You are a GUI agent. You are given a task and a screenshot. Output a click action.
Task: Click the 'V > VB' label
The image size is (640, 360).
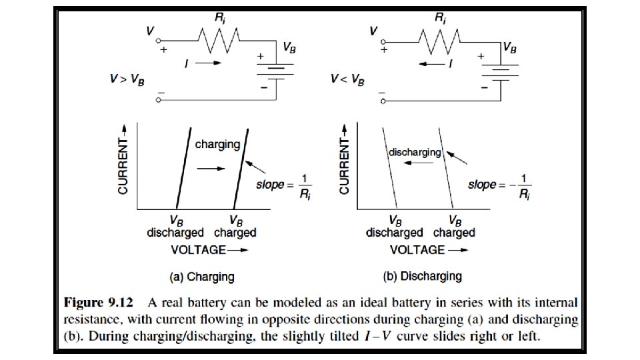[x=127, y=79]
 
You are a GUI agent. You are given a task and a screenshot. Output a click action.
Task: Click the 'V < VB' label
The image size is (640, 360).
[x=348, y=79]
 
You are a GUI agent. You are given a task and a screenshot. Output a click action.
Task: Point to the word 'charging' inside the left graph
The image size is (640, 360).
[x=217, y=143]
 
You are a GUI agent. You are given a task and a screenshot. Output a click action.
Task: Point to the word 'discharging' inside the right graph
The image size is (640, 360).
[x=415, y=152]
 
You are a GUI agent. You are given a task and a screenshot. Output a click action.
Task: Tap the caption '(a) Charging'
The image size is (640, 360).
[x=201, y=275]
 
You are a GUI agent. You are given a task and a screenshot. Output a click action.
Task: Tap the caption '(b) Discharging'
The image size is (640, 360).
[x=422, y=275]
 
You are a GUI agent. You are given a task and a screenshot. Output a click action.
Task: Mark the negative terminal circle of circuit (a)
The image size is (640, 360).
[x=159, y=99]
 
